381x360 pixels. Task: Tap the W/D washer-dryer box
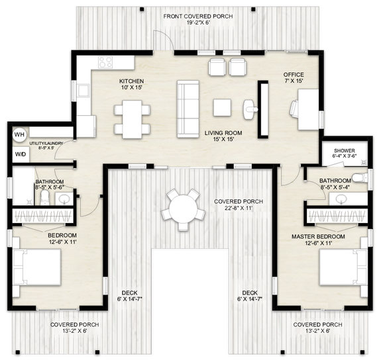[19, 155]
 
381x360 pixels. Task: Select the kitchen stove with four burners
[105, 63]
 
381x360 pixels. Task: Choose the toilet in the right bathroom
[358, 177]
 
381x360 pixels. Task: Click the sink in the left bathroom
[65, 199]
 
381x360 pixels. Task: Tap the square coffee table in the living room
[222, 108]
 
